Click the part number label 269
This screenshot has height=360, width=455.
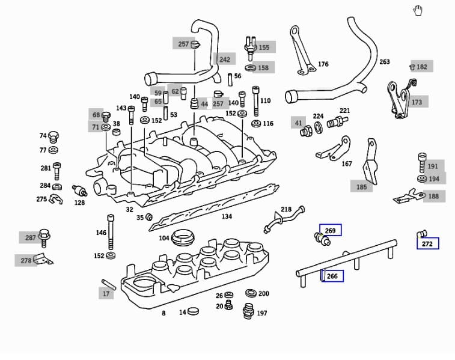click(x=330, y=231)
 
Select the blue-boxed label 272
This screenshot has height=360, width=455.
click(x=427, y=244)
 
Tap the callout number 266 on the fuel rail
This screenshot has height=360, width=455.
click(x=332, y=276)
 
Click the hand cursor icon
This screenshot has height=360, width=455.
click(x=418, y=10)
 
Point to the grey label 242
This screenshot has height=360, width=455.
click(x=224, y=59)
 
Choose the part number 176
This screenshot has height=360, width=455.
click(x=323, y=64)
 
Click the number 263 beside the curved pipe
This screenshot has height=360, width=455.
click(x=385, y=62)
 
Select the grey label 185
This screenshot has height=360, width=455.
click(x=361, y=187)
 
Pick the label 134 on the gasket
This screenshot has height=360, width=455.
click(x=227, y=216)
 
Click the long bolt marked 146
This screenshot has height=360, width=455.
click(x=111, y=233)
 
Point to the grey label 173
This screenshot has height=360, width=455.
click(x=417, y=102)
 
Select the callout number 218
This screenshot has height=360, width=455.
click(x=286, y=210)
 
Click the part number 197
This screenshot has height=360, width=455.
click(x=262, y=313)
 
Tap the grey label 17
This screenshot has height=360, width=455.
click(x=106, y=294)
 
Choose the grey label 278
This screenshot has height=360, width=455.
click(x=26, y=260)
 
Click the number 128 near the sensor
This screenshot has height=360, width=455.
click(x=79, y=203)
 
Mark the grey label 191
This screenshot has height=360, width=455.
click(x=433, y=166)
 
